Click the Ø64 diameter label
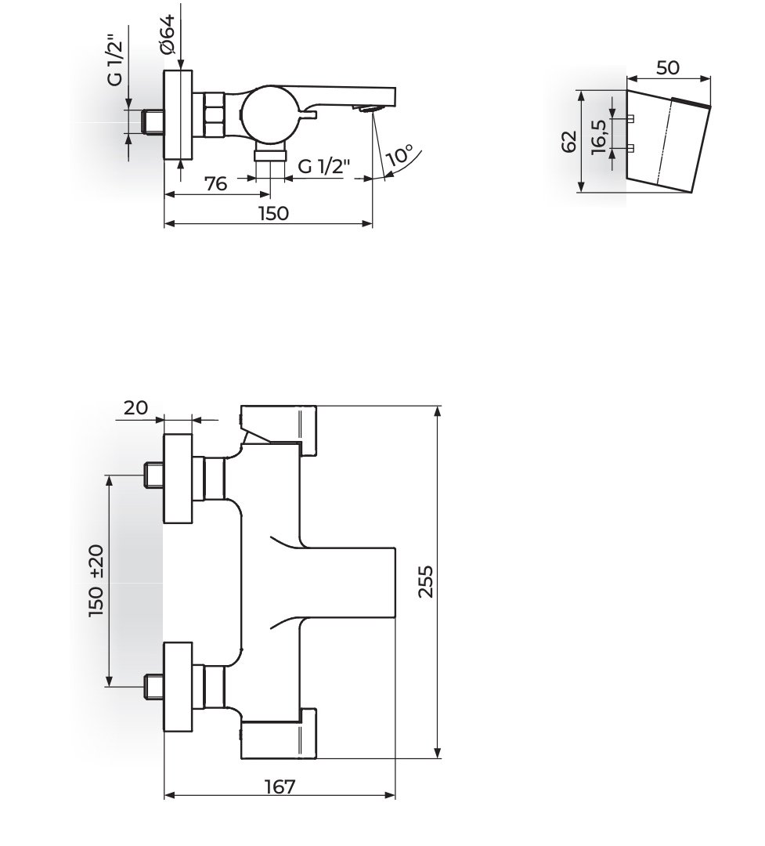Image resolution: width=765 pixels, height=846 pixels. (x=168, y=34)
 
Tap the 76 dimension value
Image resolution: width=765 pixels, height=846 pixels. (x=216, y=184)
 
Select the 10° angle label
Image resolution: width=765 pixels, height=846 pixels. (x=400, y=155)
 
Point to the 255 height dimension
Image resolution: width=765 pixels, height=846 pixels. (x=426, y=581)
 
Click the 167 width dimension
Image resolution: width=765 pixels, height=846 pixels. (x=280, y=786)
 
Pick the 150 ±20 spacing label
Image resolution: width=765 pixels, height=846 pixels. (x=96, y=580)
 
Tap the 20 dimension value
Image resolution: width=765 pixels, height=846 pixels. (x=135, y=407)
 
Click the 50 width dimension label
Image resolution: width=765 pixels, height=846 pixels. (x=668, y=67)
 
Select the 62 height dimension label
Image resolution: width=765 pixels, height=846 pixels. (x=569, y=141)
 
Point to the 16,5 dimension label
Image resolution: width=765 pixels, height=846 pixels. (x=599, y=136)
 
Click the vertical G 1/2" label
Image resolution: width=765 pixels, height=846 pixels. (x=115, y=60)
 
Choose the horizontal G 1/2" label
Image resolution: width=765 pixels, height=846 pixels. (x=324, y=166)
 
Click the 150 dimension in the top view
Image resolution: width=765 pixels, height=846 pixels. (x=273, y=214)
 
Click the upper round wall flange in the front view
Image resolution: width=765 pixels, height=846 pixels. (x=178, y=478)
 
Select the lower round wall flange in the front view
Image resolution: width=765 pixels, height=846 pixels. (x=178, y=687)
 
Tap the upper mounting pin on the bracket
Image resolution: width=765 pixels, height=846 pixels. (x=630, y=118)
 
